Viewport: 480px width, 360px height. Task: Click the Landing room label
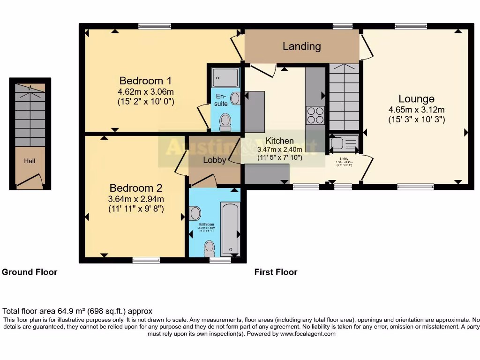(x=301, y=46)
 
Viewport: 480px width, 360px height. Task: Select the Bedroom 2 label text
(x=135, y=188)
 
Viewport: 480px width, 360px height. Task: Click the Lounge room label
(x=416, y=99)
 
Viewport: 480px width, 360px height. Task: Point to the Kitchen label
(x=280, y=141)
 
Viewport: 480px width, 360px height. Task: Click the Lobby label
(x=215, y=160)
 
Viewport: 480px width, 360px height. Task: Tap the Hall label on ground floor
(x=30, y=161)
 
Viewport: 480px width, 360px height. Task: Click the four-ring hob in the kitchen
(x=315, y=115)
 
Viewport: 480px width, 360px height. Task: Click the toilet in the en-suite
(x=225, y=122)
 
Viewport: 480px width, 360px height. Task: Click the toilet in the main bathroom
(x=210, y=247)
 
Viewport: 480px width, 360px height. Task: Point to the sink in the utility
(x=338, y=142)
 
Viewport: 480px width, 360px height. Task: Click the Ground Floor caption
(x=30, y=272)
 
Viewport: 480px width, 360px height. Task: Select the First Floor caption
(x=276, y=272)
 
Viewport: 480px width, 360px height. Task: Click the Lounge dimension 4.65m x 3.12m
(x=416, y=110)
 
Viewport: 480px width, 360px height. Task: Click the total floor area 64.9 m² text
(x=77, y=311)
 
